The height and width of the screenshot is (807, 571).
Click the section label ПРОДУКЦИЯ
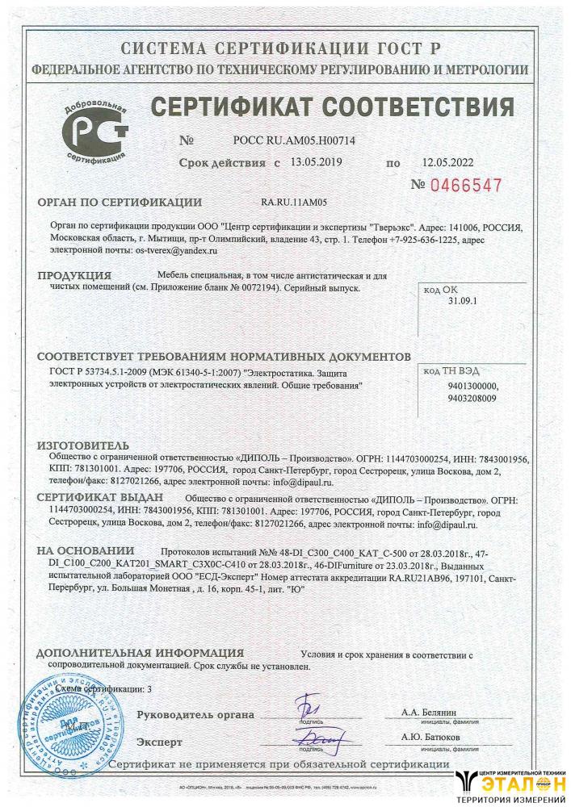(74, 276)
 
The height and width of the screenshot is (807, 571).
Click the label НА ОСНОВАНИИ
(86, 551)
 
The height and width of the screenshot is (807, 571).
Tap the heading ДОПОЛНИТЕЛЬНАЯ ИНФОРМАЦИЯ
(140, 654)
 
